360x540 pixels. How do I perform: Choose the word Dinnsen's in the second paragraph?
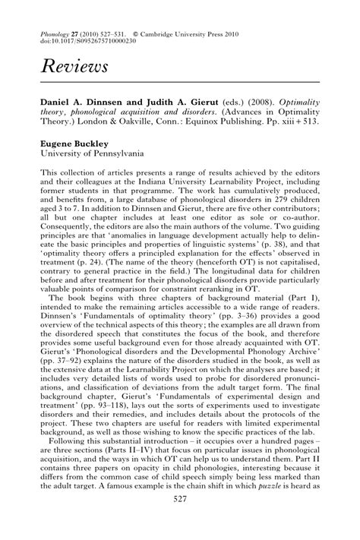(x=64, y=341)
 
